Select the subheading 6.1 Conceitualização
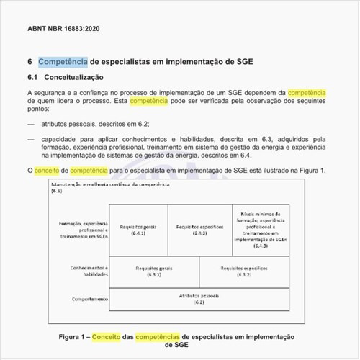pyautogui.click(x=66, y=77)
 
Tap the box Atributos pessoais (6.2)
pyautogui.click(x=199, y=299)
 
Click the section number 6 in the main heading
pyautogui.click(x=30, y=61)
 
